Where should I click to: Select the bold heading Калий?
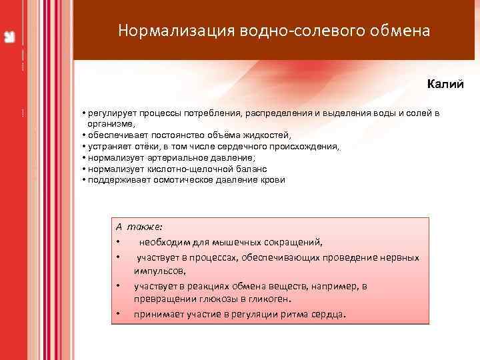tap(445, 85)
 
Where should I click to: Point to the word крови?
tap(273, 180)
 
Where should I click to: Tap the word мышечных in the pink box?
tap(246, 242)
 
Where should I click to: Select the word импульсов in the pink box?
tap(159, 271)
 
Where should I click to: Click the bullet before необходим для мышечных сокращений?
tap(117, 243)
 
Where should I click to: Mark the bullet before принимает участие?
tap(117, 315)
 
